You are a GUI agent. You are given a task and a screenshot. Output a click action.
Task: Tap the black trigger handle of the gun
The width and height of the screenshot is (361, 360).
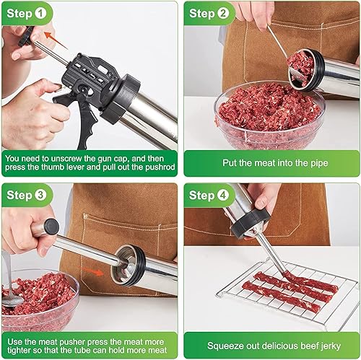coord(85,115)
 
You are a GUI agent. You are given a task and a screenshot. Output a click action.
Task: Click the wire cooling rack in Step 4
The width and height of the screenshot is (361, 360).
coord(289,289)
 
